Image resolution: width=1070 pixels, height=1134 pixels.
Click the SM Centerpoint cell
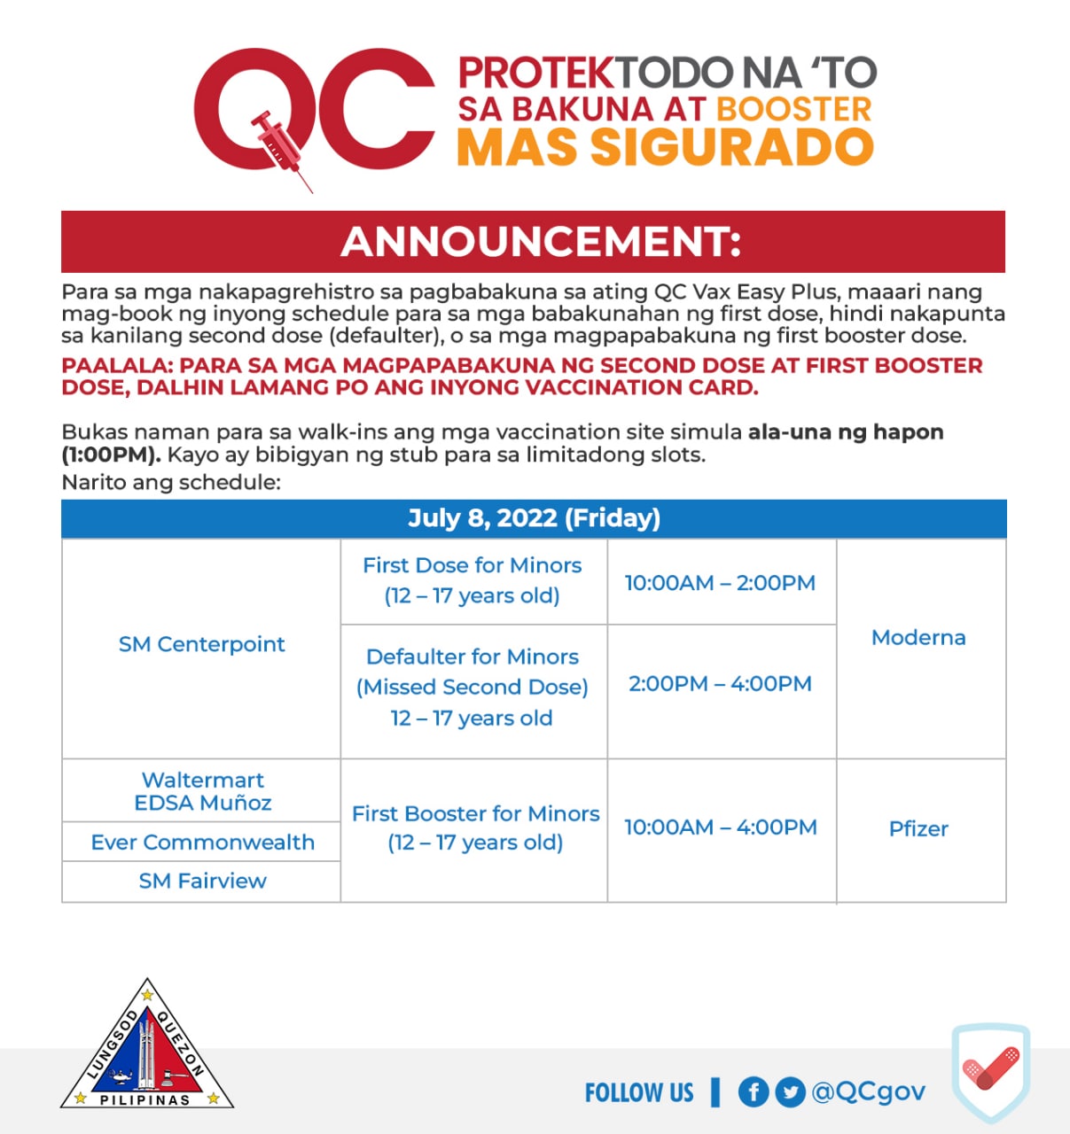click(x=202, y=645)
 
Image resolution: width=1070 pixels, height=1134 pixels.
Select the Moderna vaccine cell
click(x=918, y=638)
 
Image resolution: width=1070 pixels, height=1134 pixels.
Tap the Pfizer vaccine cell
click(x=918, y=829)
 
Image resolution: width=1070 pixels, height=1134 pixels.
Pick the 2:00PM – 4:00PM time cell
click(x=720, y=684)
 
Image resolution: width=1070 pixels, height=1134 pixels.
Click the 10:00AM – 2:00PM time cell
click(x=720, y=583)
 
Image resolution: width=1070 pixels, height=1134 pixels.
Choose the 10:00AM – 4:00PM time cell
click(x=720, y=827)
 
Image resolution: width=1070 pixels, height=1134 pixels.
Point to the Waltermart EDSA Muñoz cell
click(x=202, y=791)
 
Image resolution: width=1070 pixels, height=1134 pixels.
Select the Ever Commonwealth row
click(x=202, y=842)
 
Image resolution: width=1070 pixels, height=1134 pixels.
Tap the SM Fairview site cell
click(x=202, y=882)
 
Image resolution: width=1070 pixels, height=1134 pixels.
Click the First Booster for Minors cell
click(x=475, y=827)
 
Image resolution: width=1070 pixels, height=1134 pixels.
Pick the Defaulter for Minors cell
click(x=473, y=687)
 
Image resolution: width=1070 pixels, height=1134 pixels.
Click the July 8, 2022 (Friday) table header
click(x=534, y=518)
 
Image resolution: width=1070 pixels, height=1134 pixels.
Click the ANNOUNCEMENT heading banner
click(x=534, y=242)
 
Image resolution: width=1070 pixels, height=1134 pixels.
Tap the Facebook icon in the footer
click(x=753, y=1092)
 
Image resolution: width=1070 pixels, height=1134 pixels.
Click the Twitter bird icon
click(x=789, y=1092)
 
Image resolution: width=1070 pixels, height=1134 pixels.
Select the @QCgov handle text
click(x=868, y=1092)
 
